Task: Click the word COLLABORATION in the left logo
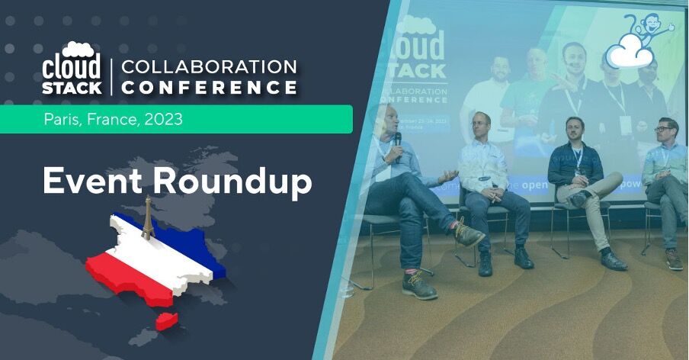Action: (x=209, y=66)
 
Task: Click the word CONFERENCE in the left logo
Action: (x=209, y=88)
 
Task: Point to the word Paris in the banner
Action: (x=59, y=120)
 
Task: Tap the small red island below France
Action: (x=166, y=320)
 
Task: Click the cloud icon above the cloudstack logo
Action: (x=79, y=49)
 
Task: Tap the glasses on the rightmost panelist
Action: (x=667, y=129)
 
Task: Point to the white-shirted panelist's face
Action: (x=480, y=125)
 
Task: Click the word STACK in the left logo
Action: (x=72, y=88)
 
